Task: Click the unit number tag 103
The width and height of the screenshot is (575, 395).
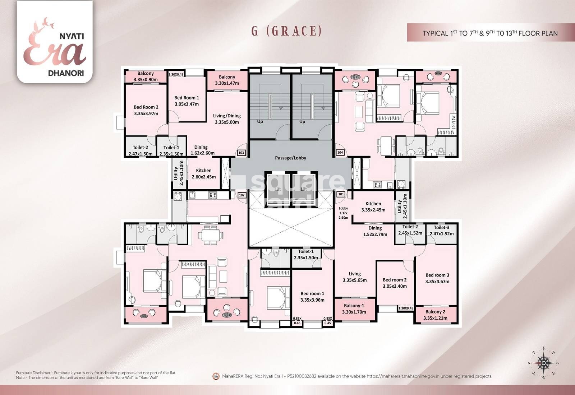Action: (x=241, y=153)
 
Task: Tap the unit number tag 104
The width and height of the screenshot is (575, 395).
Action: (x=340, y=153)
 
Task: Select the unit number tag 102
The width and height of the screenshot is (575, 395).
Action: (x=241, y=195)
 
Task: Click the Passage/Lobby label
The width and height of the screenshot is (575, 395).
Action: (x=290, y=158)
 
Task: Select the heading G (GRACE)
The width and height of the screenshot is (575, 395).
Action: (x=286, y=31)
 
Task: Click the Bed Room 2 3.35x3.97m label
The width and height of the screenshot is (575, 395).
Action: (x=146, y=110)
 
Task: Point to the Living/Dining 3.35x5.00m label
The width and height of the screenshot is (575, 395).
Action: (x=227, y=119)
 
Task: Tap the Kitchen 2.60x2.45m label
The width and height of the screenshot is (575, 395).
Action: (x=204, y=173)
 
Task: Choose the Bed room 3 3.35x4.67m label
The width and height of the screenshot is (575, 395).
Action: (x=437, y=278)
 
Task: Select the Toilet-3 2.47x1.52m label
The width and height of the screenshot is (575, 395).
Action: (x=441, y=231)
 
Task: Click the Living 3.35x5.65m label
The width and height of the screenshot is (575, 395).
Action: (x=355, y=277)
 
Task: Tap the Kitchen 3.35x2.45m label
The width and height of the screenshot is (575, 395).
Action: (x=373, y=206)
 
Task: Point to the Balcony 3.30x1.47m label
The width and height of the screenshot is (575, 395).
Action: (x=227, y=80)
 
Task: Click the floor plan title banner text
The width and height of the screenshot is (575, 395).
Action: (x=490, y=33)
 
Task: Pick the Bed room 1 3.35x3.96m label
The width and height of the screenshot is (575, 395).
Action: (x=312, y=297)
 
